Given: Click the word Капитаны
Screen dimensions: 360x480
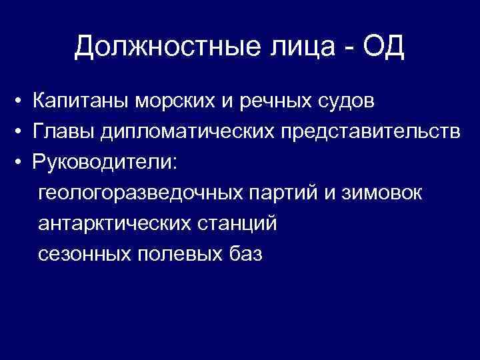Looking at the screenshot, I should (81, 101).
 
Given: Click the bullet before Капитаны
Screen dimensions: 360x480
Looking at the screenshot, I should (22, 102).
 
